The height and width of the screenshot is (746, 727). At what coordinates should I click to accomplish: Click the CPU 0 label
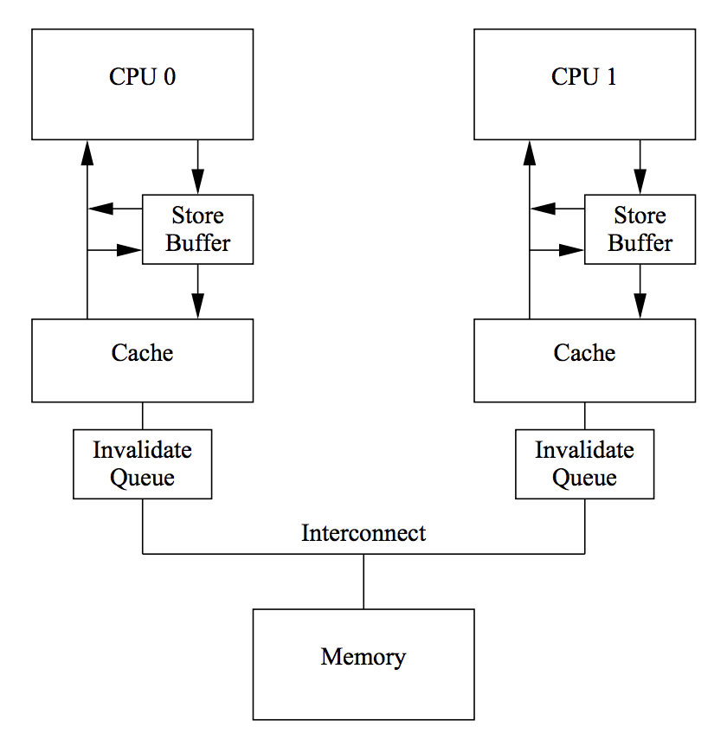142,77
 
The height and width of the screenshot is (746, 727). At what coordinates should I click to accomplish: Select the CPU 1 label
584,77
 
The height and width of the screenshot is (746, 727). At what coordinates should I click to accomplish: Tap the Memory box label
363,657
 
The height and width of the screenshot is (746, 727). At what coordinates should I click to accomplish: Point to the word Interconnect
363,533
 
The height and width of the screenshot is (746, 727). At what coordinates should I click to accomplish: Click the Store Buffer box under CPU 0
197,229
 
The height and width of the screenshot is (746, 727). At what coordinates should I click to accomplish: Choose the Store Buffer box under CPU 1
640,229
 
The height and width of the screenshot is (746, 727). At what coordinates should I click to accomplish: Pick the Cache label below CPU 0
142,353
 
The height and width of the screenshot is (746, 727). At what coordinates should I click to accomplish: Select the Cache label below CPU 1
584,353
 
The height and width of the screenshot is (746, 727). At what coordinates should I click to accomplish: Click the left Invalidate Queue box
142,465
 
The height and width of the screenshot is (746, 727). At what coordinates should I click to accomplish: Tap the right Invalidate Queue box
584,465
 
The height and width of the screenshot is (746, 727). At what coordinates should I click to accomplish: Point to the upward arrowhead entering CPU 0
87,152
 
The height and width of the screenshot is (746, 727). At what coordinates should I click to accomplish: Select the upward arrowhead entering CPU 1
529,152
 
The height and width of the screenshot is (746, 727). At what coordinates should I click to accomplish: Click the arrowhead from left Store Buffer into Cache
197,306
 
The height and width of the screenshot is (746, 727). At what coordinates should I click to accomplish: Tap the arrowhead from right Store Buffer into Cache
640,306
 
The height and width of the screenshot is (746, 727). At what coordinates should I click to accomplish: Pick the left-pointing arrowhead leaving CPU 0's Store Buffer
100,209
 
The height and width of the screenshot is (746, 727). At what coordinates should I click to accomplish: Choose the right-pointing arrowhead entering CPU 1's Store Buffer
572,250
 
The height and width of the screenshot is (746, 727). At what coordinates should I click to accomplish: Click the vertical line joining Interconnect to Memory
363,582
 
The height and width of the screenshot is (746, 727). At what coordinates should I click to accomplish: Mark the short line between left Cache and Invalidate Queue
142,415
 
